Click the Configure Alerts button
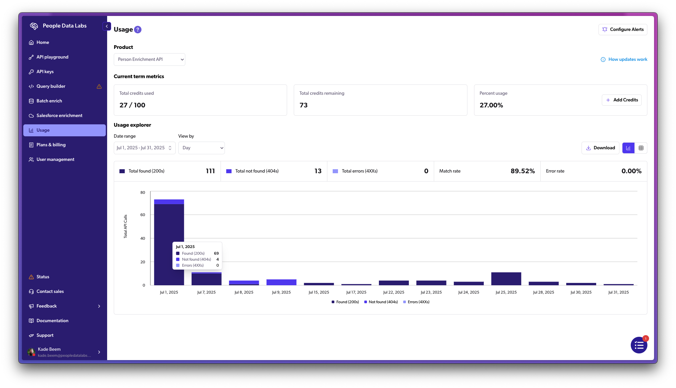pyautogui.click(x=622, y=29)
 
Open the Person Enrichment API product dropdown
pyautogui.click(x=149, y=60)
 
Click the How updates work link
pyautogui.click(x=624, y=60)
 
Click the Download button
pyautogui.click(x=600, y=148)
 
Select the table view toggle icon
pyautogui.click(x=641, y=148)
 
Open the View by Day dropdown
pyautogui.click(x=201, y=148)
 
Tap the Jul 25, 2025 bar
pyautogui.click(x=506, y=279)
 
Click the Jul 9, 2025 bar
pyautogui.click(x=281, y=282)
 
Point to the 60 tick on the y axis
pyautogui.click(x=143, y=215)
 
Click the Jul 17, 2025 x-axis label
pyautogui.click(x=356, y=292)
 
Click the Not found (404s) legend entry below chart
pyautogui.click(x=381, y=302)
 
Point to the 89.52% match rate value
pyautogui.click(x=522, y=171)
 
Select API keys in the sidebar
pyautogui.click(x=45, y=72)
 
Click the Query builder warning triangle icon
pyautogui.click(x=99, y=86)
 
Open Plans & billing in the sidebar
pyautogui.click(x=51, y=145)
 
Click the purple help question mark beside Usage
pyautogui.click(x=138, y=30)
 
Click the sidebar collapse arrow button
pyautogui.click(x=107, y=26)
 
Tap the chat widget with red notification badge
pyautogui.click(x=639, y=345)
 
